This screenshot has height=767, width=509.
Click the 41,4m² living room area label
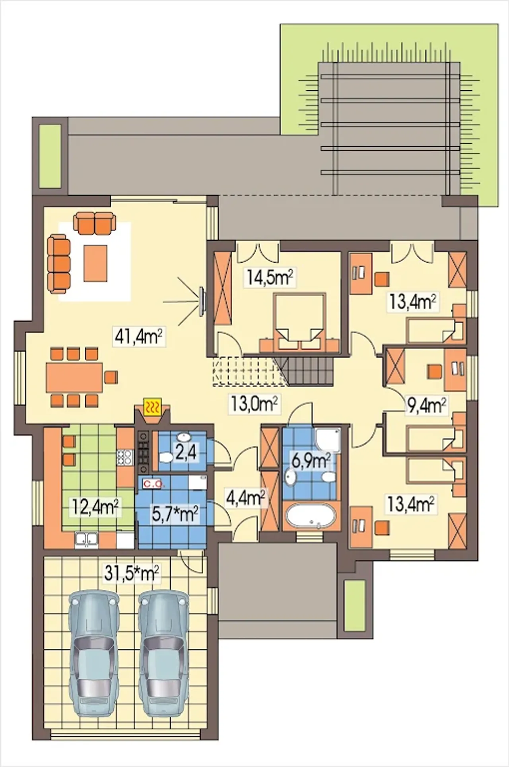pos(139,337)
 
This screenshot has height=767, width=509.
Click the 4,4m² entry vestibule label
pos(245,498)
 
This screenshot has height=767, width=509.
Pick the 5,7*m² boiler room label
pos(175,514)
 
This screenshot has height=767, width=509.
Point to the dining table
pos(74,377)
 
